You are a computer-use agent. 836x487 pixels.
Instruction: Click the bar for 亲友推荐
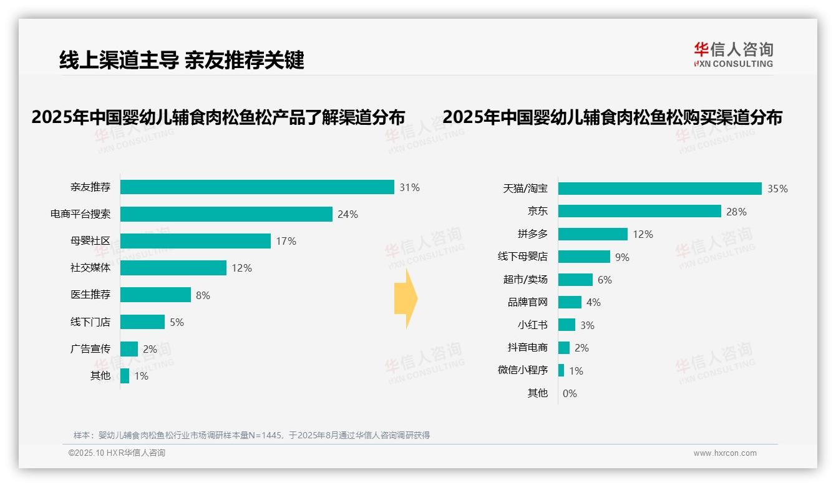257,187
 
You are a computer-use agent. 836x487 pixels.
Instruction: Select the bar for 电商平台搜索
226,214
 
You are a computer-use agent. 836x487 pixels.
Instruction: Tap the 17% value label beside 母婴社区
286,241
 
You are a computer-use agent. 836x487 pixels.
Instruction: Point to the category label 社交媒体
90,268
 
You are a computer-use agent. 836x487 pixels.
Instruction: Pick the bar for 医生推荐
155,295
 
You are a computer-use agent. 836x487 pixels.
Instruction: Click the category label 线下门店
90,322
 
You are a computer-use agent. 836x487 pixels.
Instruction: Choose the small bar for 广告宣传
129,349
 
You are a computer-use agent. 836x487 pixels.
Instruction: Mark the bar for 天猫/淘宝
659,189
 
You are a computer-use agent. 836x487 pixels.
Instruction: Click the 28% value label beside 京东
736,212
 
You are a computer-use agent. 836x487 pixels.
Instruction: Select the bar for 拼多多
593,234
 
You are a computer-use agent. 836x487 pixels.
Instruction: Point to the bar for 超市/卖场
575,280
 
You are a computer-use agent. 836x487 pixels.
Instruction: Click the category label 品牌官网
528,302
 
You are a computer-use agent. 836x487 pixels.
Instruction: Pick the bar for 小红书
566,325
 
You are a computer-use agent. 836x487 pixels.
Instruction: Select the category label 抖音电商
528,348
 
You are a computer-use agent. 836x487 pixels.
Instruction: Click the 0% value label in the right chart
570,393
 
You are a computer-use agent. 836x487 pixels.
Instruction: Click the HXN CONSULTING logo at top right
733,55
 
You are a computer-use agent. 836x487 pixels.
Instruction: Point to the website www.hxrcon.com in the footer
725,453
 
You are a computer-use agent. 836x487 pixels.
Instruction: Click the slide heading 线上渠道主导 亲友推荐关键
182,60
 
